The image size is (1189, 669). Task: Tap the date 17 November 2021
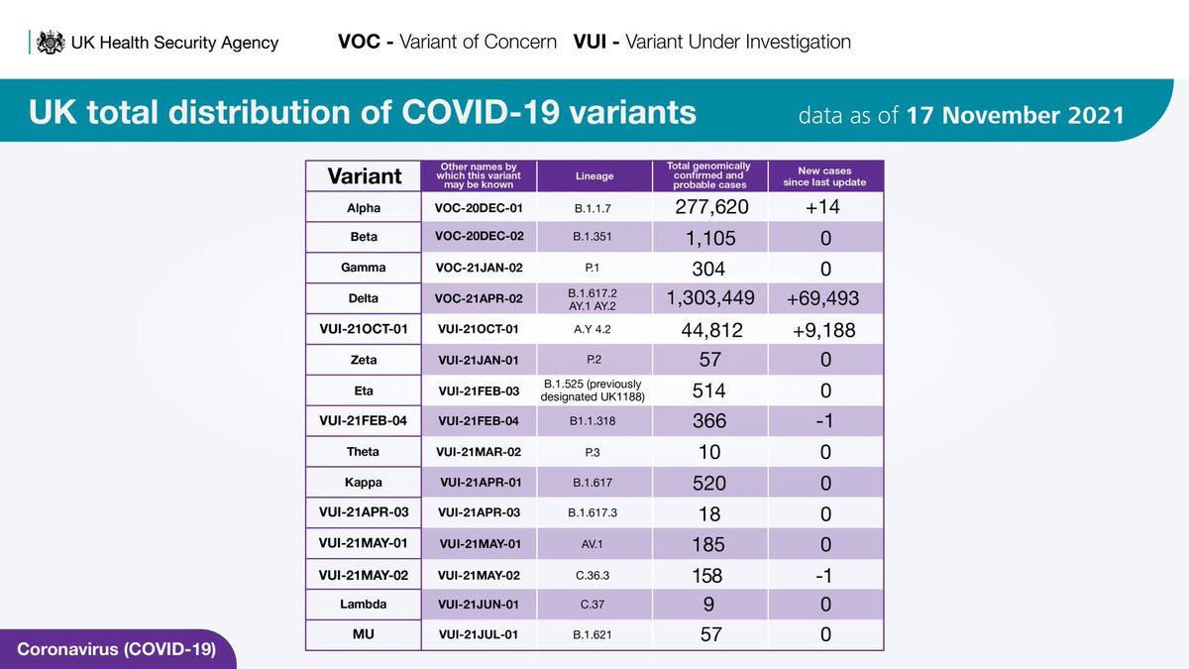(1015, 115)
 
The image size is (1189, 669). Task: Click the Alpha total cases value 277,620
(709, 208)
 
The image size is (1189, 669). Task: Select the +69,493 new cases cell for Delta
(826, 298)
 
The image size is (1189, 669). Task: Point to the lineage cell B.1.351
(594, 239)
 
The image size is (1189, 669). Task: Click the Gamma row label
(363, 269)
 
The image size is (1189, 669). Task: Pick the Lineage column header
(594, 176)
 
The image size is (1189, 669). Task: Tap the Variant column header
(364, 176)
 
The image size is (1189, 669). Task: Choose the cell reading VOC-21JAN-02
(479, 269)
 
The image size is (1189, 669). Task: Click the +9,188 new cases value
(826, 330)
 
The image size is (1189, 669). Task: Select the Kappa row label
(363, 483)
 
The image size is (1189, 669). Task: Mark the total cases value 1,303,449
(709, 298)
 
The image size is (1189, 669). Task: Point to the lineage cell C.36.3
(594, 575)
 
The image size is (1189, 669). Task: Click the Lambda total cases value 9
(709, 605)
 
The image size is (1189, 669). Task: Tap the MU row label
(363, 635)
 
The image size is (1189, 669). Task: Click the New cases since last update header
(826, 176)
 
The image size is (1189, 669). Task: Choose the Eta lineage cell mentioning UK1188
(594, 390)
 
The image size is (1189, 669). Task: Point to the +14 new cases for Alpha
(826, 208)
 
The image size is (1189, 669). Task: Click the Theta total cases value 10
(709, 452)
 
